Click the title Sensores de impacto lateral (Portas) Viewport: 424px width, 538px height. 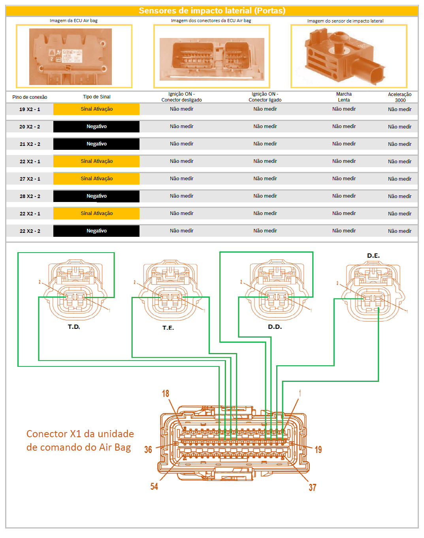pos(212,11)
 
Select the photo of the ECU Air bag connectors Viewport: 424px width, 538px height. pos(212,59)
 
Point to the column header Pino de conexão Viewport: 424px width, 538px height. pos(30,97)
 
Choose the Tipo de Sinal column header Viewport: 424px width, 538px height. pos(96,97)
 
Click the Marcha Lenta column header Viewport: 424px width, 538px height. pos(344,97)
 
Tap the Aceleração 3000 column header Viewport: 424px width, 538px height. pos(400,97)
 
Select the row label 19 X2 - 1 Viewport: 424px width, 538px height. pos(30,109)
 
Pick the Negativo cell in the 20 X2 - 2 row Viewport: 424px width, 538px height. pos(96,126)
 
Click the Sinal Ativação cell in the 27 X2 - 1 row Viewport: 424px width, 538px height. pos(96,179)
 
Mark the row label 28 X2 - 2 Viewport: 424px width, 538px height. pos(30,196)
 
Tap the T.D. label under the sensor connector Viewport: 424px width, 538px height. pos(74,327)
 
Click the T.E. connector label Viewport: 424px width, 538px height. pos(168,328)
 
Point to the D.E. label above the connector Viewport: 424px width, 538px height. pos(373,256)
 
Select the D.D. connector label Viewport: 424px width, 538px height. pos(275,327)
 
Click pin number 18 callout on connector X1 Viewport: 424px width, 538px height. pos(165,393)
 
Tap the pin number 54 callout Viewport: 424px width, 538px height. pos(154,486)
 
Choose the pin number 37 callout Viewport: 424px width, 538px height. pos(312,487)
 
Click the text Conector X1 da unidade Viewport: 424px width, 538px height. pos(80,434)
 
